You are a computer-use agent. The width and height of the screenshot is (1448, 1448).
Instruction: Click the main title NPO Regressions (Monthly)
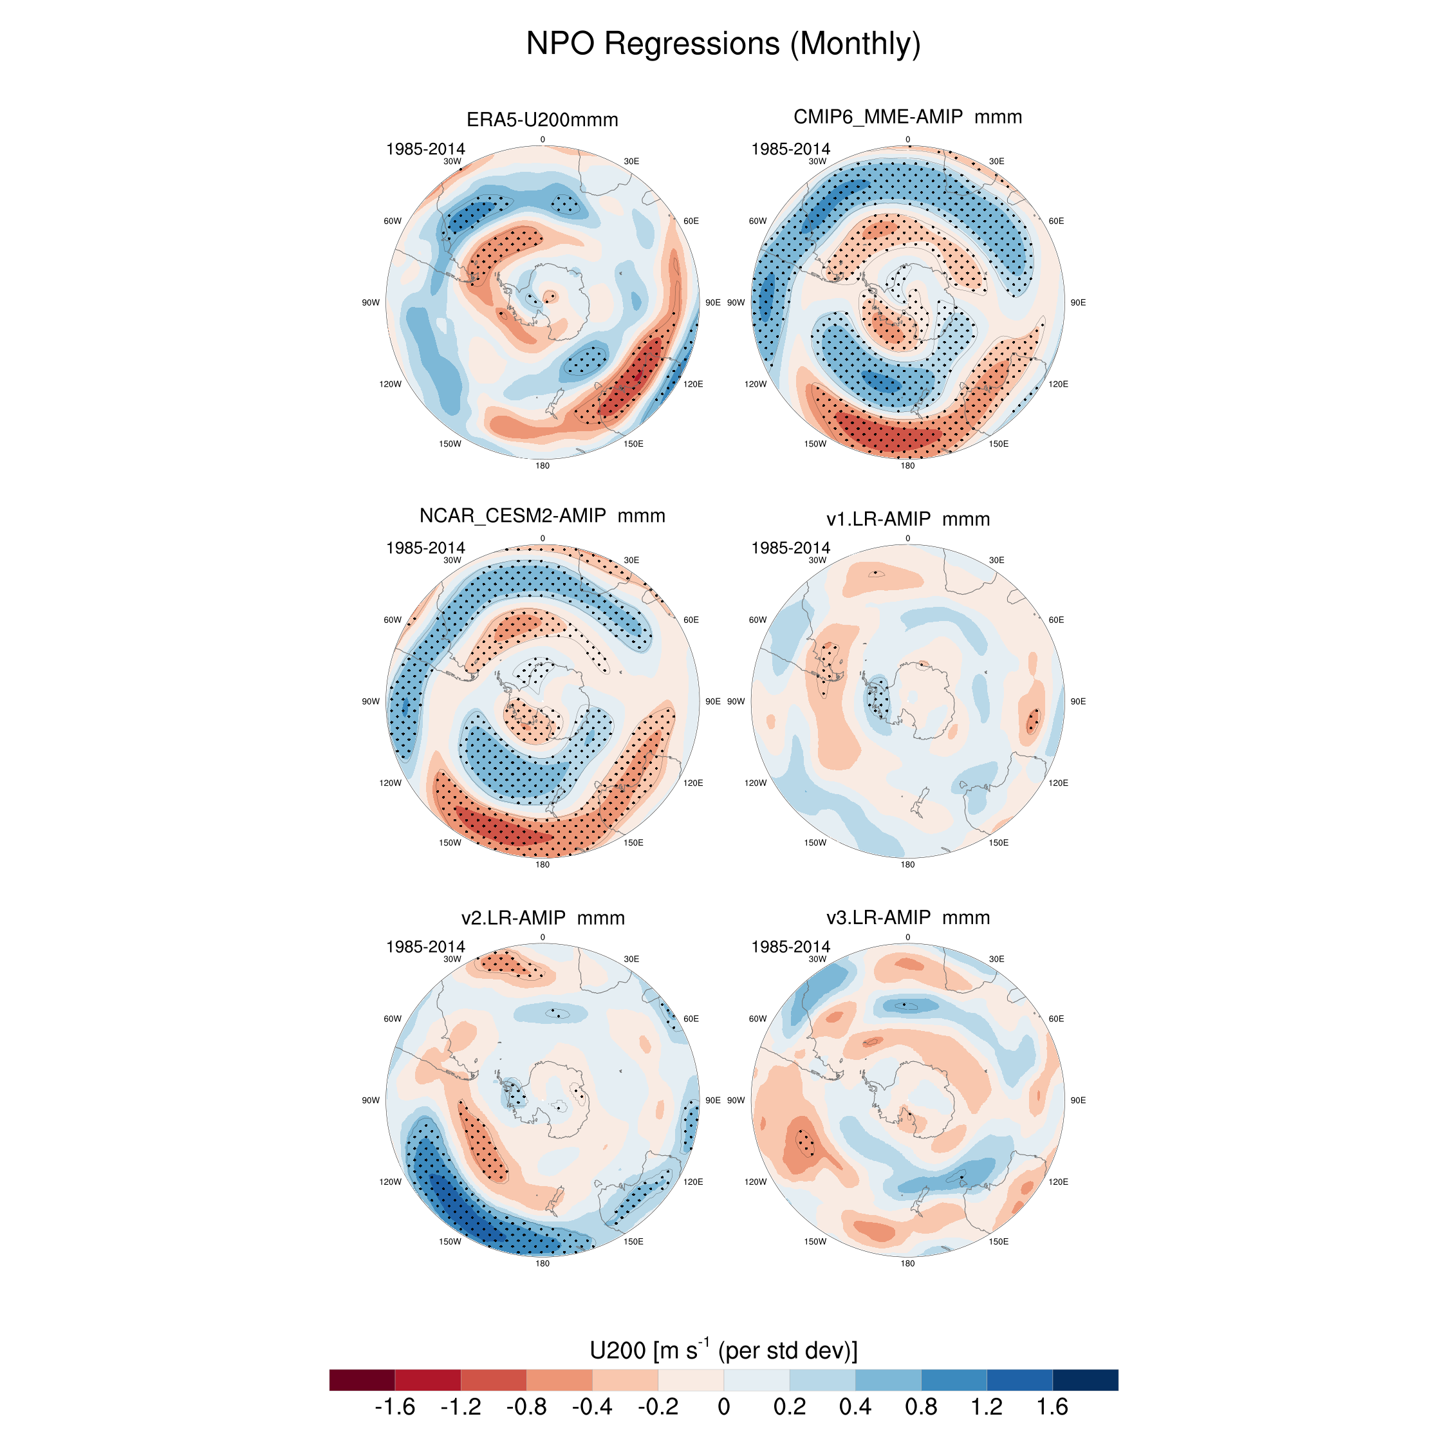click(723, 44)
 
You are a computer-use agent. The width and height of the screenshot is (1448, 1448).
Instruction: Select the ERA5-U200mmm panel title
click(542, 120)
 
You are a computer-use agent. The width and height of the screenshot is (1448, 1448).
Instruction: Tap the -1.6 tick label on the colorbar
click(394, 1407)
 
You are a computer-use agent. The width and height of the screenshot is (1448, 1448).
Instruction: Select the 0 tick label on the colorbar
click(723, 1407)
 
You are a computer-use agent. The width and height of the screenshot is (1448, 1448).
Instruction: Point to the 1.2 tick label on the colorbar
click(987, 1407)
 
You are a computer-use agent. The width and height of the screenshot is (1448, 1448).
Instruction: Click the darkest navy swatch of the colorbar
click(1084, 1380)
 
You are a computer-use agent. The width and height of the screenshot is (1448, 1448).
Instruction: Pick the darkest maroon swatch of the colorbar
click(362, 1380)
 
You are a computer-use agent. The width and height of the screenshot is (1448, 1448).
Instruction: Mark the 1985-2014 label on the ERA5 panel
click(425, 149)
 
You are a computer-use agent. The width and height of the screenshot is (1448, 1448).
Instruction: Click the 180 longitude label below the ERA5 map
click(542, 465)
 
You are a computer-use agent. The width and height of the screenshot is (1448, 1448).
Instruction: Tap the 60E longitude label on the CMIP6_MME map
click(1056, 221)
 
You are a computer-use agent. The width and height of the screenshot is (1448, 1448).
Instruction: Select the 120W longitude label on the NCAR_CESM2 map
click(390, 783)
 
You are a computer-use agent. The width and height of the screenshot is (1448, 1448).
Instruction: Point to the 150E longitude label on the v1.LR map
click(998, 842)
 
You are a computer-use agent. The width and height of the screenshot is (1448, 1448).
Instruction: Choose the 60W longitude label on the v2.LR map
click(392, 1019)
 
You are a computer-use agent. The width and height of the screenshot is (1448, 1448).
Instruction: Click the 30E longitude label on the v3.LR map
click(996, 959)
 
